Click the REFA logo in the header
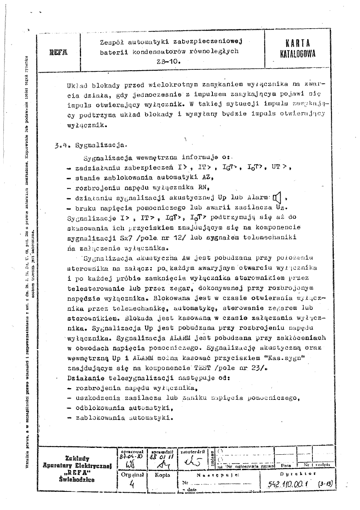point(58,52)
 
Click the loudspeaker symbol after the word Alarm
point(277,198)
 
